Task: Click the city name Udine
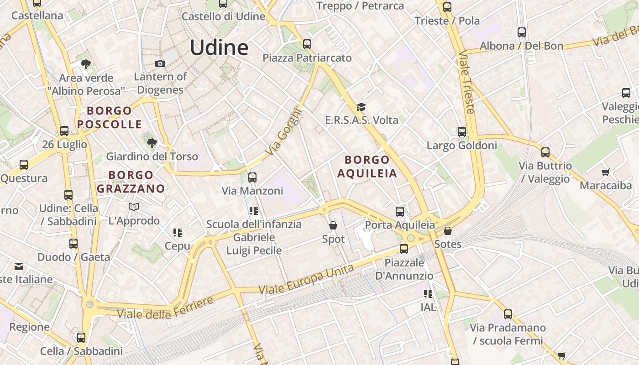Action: (219, 47)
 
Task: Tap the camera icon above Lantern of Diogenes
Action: (160, 63)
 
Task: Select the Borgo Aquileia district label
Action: (367, 167)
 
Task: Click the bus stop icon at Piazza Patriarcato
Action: (307, 44)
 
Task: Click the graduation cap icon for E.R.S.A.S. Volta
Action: (361, 107)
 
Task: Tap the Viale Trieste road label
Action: (468, 82)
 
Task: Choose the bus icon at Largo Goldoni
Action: (462, 132)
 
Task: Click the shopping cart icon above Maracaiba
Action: (605, 172)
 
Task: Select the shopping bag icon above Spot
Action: (333, 225)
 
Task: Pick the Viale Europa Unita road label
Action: (306, 279)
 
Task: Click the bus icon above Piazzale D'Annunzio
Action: (403, 249)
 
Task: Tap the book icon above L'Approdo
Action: (134, 207)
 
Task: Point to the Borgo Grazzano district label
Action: (131, 182)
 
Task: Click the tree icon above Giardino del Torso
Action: (152, 143)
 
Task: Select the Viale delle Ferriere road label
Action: (165, 308)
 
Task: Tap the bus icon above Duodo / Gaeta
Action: (73, 244)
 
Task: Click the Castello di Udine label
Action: (223, 16)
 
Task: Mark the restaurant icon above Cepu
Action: (178, 233)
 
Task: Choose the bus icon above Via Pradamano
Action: (508, 314)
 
